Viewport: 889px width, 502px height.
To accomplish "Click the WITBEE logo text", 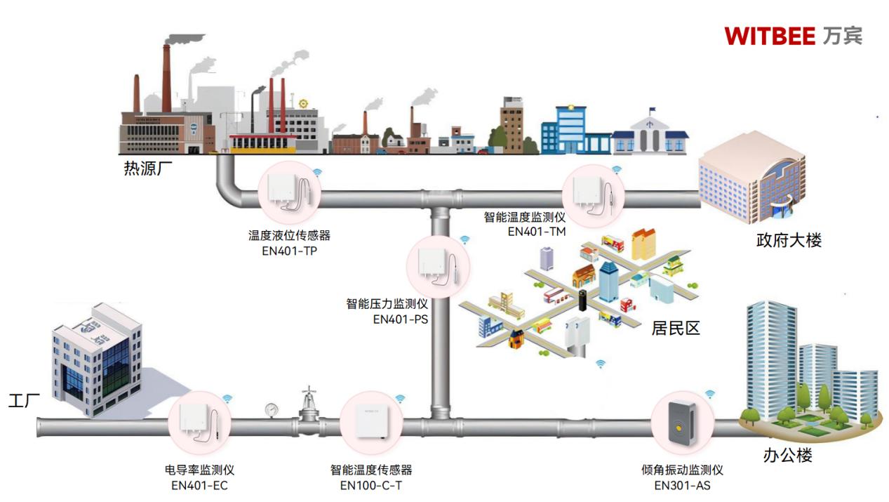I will [770, 36].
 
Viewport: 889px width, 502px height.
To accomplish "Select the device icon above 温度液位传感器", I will [289, 190].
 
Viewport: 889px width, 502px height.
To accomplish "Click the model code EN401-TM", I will [537, 231].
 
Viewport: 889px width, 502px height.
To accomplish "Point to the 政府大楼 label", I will [789, 240].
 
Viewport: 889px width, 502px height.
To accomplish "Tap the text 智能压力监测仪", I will [387, 304].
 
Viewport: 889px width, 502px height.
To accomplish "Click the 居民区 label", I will [676, 328].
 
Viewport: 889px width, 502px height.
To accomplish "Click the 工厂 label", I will [24, 402].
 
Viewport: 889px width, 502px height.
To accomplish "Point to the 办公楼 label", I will [787, 456].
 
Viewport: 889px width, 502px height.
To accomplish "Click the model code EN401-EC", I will [200, 485].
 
